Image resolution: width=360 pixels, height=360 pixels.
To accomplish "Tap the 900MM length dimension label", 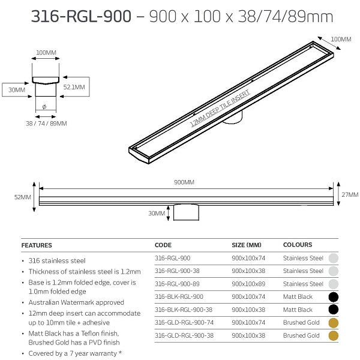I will tap(185, 182).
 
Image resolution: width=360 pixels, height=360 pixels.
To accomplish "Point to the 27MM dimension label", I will tap(349, 194).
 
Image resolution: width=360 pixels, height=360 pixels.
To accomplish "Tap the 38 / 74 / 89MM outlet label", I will tap(47, 123).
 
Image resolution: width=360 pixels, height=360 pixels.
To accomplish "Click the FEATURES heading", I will tap(37, 245).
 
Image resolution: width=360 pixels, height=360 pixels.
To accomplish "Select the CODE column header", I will tap(163, 245).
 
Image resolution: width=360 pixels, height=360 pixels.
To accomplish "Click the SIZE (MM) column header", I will tap(247, 245).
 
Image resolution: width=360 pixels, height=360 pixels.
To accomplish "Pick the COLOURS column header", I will tap(298, 245).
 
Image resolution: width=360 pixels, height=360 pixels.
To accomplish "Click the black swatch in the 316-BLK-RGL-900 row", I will tap(334, 296).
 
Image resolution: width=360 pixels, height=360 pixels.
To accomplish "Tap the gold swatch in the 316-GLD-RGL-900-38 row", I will tap(334, 336).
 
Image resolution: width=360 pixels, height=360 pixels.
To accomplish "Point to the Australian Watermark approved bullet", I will tap(76, 302).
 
